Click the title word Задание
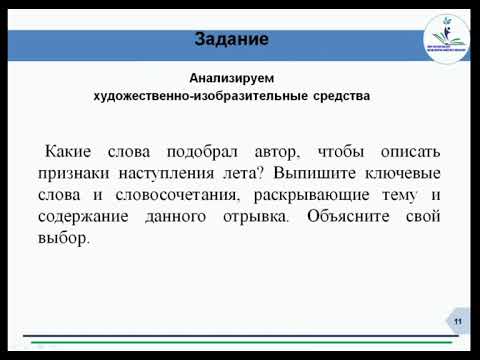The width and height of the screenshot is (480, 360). coord(230,41)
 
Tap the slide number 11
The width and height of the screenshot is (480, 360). coord(457,320)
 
